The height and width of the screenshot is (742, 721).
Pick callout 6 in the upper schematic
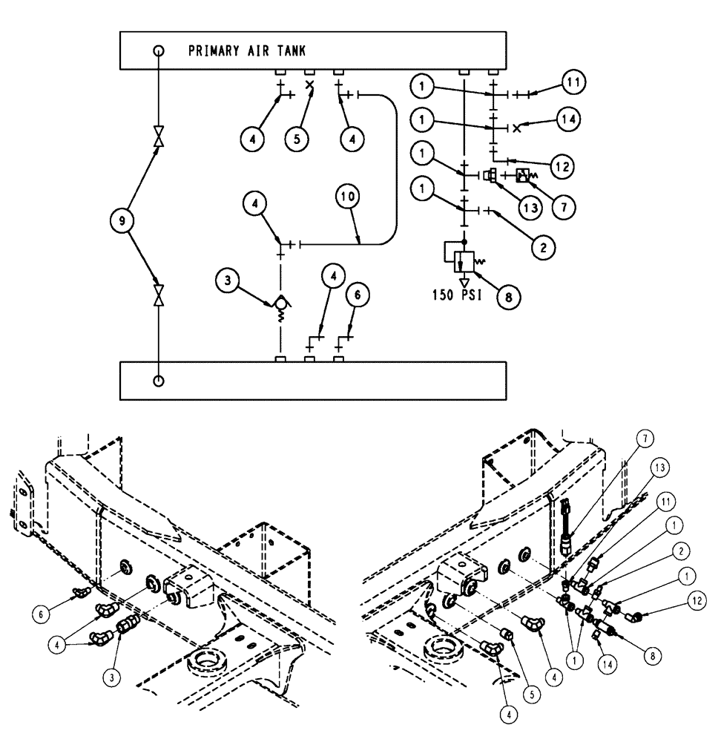click(x=358, y=295)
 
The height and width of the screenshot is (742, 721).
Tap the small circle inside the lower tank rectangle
click(x=158, y=381)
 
